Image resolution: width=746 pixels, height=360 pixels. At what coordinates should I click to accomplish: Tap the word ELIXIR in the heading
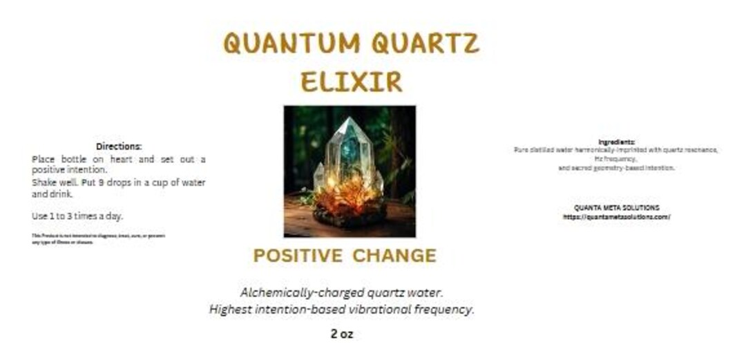click(x=351, y=82)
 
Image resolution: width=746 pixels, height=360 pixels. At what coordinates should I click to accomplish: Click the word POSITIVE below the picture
click(x=298, y=256)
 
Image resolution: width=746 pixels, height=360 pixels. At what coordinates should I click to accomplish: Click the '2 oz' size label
click(x=341, y=334)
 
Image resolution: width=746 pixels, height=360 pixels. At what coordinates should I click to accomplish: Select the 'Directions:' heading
click(x=119, y=146)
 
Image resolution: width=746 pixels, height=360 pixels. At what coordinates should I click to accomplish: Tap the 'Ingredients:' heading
click(x=616, y=142)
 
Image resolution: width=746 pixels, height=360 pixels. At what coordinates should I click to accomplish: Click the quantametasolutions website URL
click(x=616, y=216)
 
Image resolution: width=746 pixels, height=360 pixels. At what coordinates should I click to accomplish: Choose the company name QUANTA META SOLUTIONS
click(x=616, y=208)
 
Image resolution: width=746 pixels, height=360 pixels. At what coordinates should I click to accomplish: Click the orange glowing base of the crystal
click(x=350, y=197)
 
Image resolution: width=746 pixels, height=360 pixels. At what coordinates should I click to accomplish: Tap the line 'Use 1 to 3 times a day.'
click(x=77, y=216)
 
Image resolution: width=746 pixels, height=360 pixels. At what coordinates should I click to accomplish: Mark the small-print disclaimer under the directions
click(x=98, y=238)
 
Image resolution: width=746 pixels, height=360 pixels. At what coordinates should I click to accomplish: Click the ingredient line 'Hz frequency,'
click(x=616, y=159)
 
